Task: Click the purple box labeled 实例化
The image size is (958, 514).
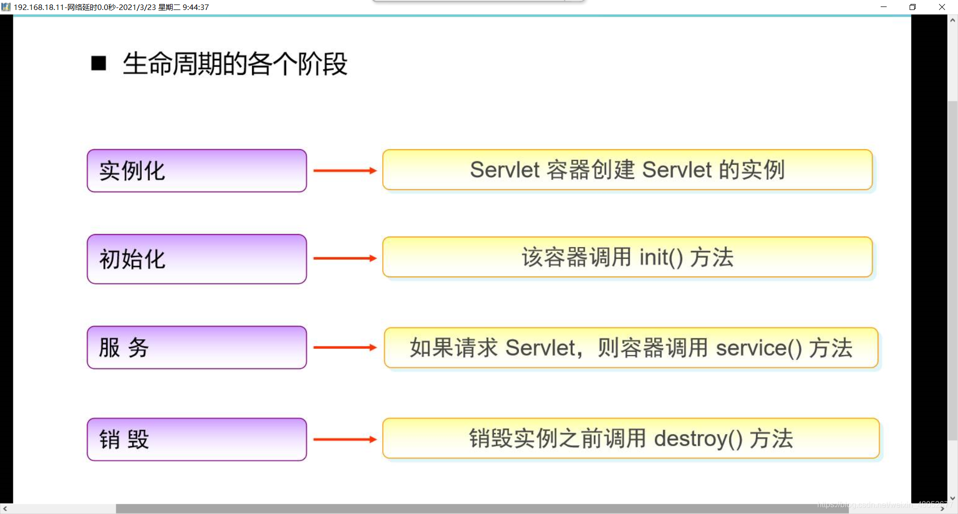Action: point(197,171)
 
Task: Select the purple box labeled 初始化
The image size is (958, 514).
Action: point(197,259)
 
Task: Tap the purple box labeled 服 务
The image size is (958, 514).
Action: point(197,347)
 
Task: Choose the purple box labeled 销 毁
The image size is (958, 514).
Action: point(197,439)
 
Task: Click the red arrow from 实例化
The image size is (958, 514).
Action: point(344,171)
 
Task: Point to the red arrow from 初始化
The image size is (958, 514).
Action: point(344,258)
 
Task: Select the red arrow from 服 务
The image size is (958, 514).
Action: point(344,347)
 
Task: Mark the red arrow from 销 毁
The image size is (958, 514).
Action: point(344,439)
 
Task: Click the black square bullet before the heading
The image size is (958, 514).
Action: point(99,63)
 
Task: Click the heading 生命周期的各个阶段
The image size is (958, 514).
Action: point(235,64)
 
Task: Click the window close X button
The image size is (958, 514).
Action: point(942,7)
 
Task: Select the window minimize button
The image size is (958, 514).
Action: point(884,7)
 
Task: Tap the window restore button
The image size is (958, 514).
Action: point(913,7)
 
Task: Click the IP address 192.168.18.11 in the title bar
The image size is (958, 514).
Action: point(39,7)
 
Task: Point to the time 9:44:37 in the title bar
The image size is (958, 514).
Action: point(196,7)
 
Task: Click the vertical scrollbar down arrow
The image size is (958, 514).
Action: point(953,498)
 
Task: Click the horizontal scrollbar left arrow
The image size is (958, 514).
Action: point(5,509)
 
